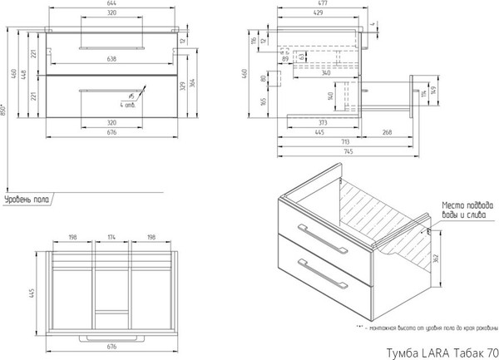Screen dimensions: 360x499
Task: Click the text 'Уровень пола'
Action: (x=27, y=200)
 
